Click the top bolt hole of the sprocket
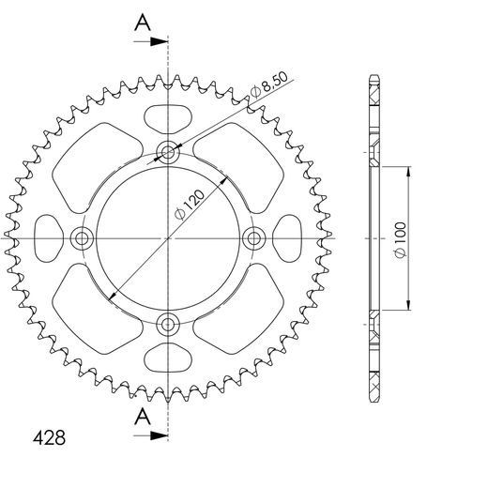pos(169,151)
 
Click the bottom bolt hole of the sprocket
pos(169,326)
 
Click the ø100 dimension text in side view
pos(400,238)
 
